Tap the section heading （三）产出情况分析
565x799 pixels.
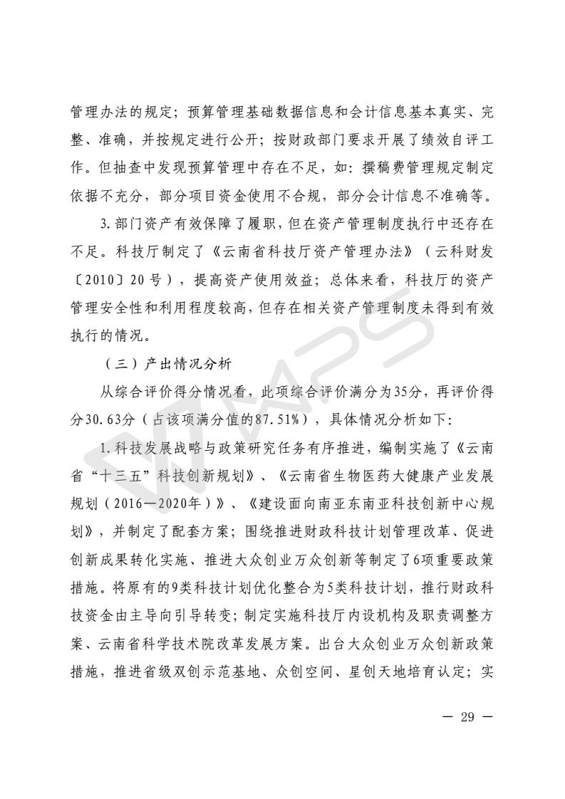(x=167, y=364)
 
